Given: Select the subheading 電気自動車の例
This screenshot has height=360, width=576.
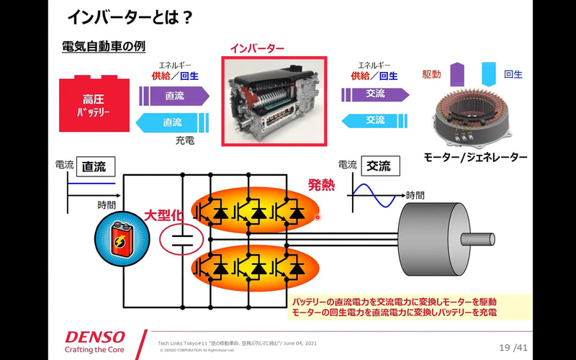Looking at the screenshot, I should point(104,46).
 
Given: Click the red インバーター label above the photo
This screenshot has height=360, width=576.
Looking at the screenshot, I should point(257,48).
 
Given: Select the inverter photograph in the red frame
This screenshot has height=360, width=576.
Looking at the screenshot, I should point(274,101).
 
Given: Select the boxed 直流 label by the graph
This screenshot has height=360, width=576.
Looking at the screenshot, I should point(93,166).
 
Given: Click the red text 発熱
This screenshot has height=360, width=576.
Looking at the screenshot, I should point(321,185).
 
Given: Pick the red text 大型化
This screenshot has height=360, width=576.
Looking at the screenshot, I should point(166,216).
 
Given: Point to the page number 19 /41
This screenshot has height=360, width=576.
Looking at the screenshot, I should point(513,348).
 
